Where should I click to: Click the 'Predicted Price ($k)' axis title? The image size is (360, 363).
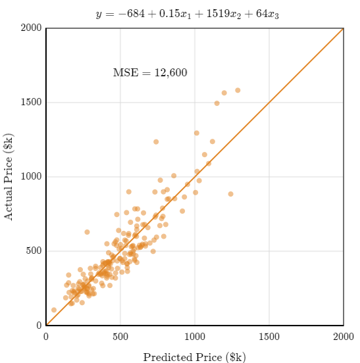pos(195,356)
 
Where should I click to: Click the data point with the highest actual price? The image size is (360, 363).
pos(238,90)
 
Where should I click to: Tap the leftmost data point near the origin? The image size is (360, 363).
pos(54,310)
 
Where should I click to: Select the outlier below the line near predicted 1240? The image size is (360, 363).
pos(230,194)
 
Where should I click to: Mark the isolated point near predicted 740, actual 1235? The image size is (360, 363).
pos(156,142)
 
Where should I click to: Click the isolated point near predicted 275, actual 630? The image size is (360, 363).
pos(87,232)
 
